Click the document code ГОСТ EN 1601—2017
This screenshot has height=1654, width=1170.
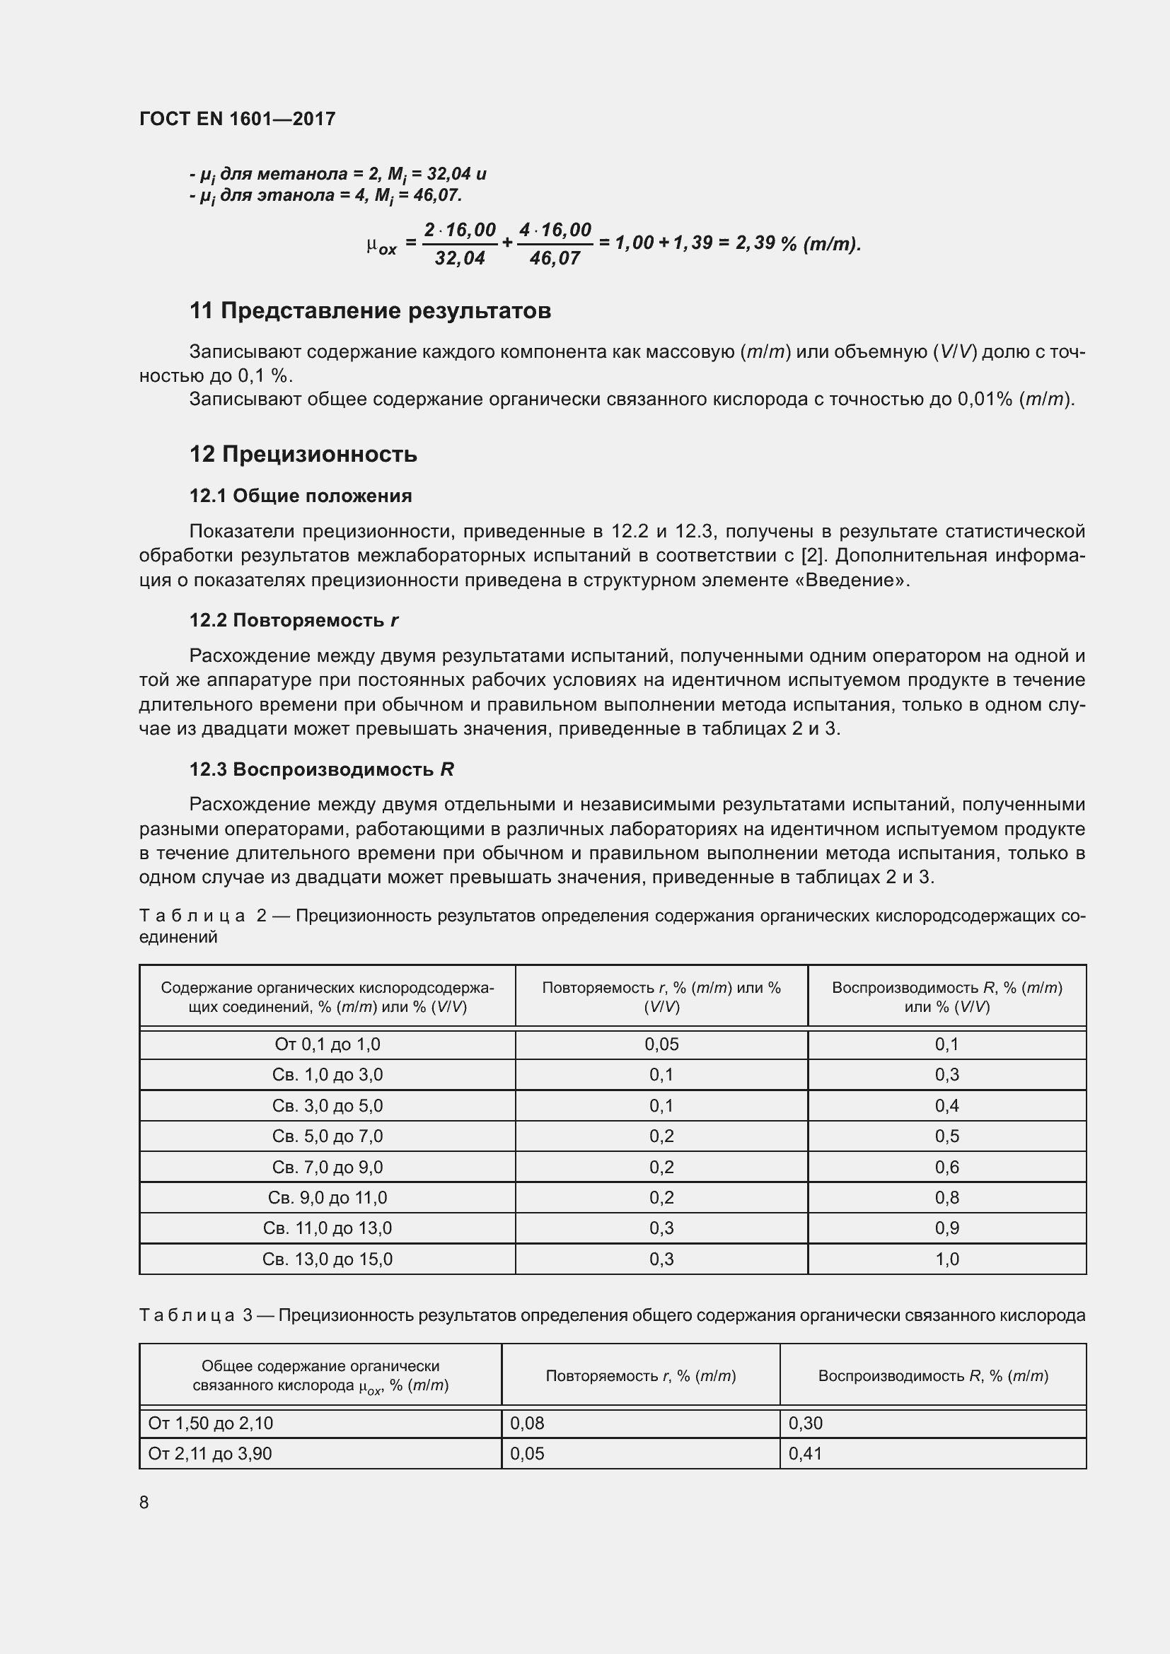237,119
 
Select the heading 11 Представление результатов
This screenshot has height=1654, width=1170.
369,310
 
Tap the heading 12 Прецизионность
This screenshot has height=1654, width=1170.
303,454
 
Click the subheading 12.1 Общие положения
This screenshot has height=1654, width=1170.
301,496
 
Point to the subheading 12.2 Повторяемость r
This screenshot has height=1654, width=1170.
294,620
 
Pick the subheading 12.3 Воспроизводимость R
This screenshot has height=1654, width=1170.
321,769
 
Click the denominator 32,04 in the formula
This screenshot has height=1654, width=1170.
460,258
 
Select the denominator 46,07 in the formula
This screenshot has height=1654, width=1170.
554,258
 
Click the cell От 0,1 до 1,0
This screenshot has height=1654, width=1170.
327,1044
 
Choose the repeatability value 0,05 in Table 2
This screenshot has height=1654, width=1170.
661,1044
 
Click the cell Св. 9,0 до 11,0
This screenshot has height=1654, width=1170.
327,1197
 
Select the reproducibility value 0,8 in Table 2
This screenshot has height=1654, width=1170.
946,1197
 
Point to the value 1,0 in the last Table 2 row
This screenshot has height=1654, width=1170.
946,1259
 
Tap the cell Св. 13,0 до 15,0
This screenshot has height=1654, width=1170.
327,1259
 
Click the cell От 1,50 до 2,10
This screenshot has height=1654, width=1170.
210,1423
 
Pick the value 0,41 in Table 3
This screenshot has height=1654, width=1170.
806,1453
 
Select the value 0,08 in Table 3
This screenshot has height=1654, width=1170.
528,1423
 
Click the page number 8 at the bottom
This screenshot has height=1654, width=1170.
144,1502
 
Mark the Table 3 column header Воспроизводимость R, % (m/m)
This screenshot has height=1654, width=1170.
933,1376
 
